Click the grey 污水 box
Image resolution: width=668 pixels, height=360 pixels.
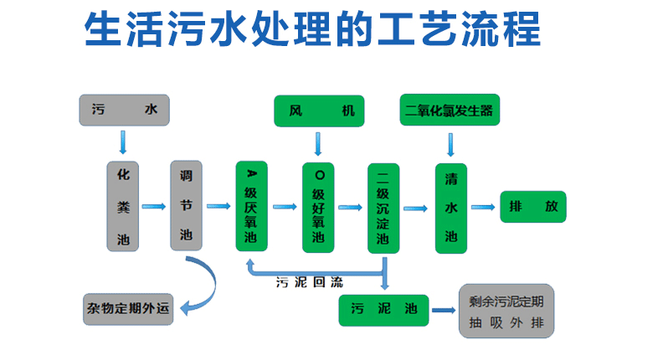pos(124,110)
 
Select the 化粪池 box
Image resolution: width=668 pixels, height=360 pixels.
pos(123,206)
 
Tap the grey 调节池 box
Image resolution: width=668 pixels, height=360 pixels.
pos(186,206)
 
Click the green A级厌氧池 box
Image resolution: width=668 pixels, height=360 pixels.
pos(251,206)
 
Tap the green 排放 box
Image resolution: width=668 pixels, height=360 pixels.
pos(533,207)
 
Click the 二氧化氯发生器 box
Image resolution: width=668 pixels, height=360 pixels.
pos(450,110)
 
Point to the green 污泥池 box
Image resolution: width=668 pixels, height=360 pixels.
pos(384,310)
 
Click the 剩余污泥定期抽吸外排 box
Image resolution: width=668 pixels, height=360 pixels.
pos(506,311)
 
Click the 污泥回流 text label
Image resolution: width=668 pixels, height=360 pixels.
pos(310,282)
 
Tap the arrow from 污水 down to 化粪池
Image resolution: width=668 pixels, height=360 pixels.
pos(124,142)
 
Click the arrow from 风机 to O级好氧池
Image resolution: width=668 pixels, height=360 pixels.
pos(317,143)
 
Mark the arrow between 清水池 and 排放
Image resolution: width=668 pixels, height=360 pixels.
pos(483,206)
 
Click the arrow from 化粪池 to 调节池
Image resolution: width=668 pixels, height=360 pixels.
pos(154,206)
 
